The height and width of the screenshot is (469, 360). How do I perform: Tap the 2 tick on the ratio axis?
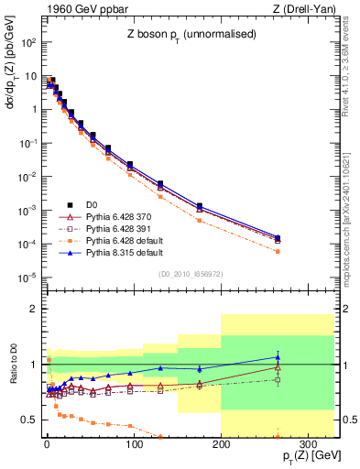(x=35, y=310)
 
